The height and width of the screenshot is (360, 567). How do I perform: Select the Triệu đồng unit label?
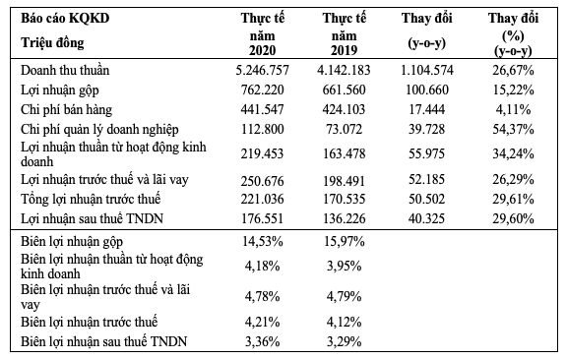click(x=52, y=43)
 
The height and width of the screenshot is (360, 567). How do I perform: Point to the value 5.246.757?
click(x=261, y=72)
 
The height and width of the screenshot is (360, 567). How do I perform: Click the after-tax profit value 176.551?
click(x=261, y=214)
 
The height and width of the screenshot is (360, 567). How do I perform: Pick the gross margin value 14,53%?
click(x=261, y=240)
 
